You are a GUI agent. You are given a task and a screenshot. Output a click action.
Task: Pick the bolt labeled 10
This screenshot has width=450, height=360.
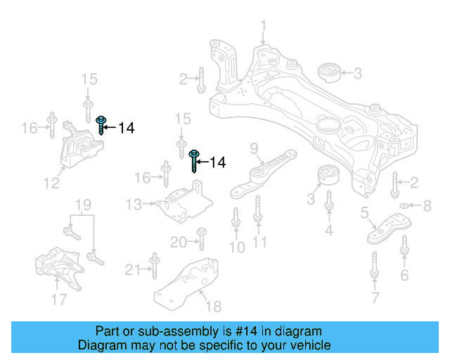(x=236, y=219)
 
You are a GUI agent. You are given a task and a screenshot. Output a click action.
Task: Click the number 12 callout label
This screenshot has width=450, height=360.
(x=51, y=184)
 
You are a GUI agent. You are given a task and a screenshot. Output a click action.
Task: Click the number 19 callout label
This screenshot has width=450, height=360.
(x=83, y=205)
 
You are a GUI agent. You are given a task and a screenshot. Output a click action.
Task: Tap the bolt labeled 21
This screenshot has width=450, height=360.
(x=154, y=268)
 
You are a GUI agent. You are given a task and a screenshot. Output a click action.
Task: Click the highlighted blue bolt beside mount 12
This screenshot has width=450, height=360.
(x=101, y=125)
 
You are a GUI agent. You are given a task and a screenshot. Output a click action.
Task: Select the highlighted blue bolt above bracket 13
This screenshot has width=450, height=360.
(x=195, y=160)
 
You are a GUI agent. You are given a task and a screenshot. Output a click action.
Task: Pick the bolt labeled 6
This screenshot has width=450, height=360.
(x=404, y=247)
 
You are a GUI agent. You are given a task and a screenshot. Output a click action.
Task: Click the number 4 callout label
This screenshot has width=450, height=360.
(x=328, y=229)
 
